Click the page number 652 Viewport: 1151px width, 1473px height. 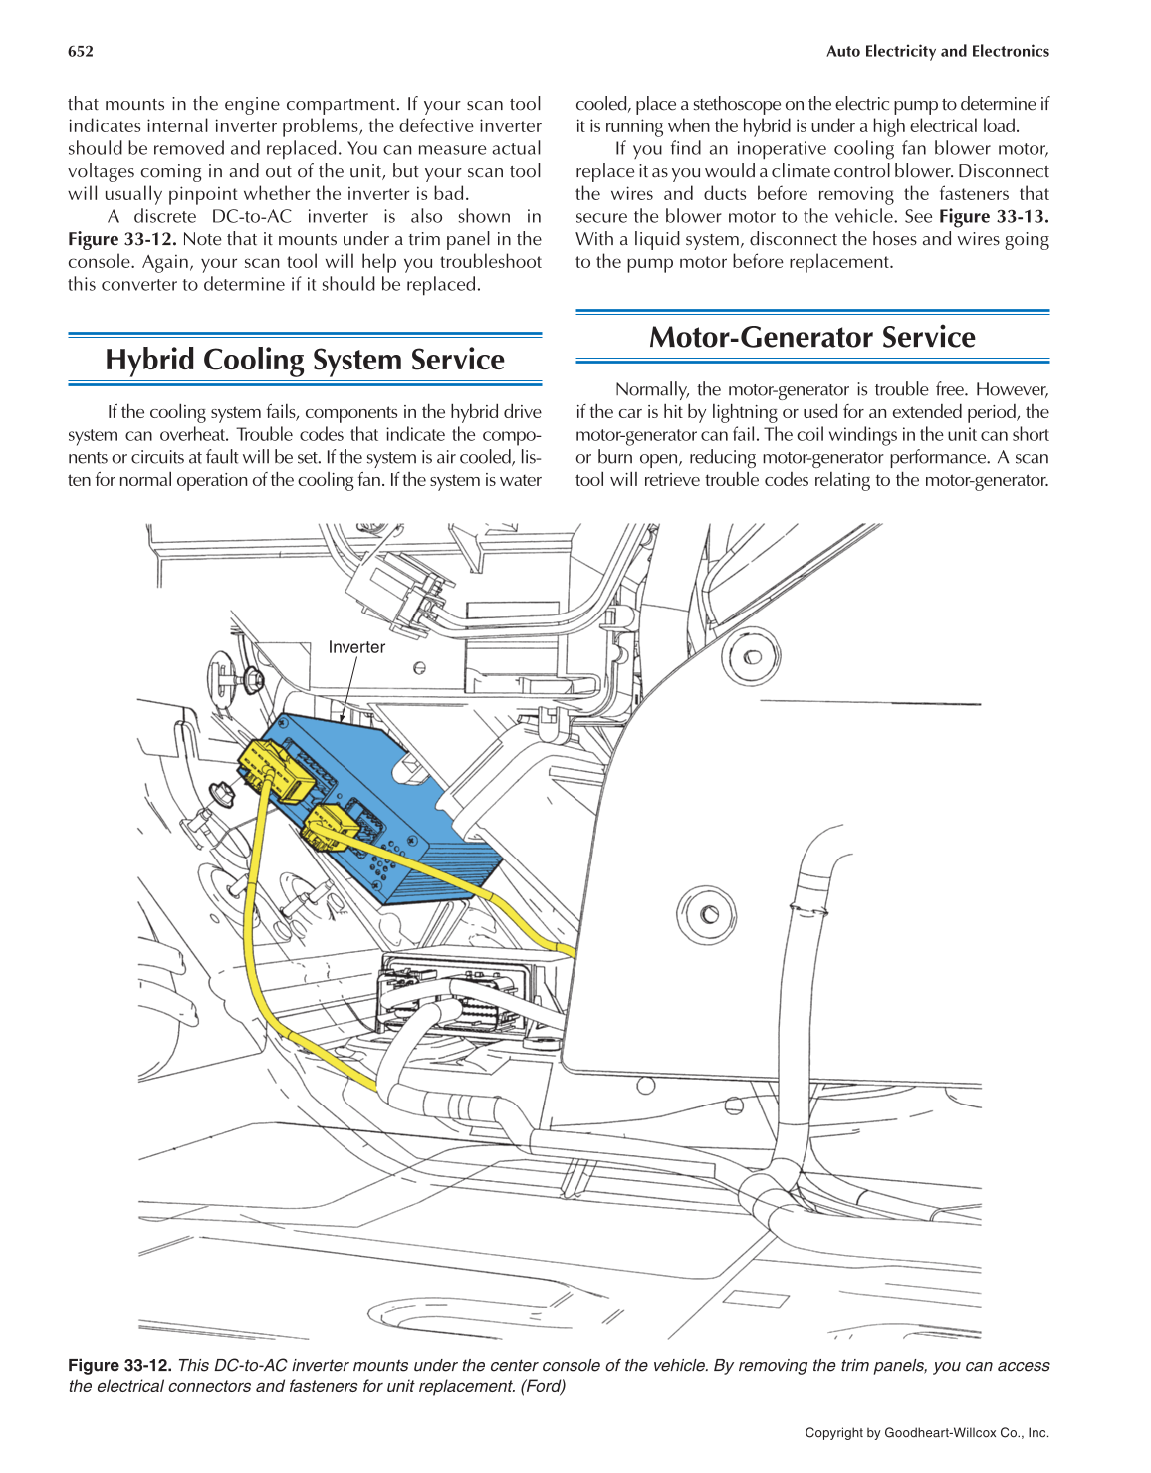[x=81, y=52]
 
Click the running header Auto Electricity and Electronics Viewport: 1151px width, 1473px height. [x=937, y=52]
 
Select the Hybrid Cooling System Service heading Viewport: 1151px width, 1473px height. [x=305, y=360]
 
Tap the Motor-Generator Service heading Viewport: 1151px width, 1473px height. [x=811, y=337]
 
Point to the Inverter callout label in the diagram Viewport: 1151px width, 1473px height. [x=356, y=647]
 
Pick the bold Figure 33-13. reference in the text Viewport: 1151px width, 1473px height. [x=994, y=217]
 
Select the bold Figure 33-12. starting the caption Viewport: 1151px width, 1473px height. [x=119, y=1366]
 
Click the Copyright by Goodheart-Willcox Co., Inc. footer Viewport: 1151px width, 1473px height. [x=927, y=1433]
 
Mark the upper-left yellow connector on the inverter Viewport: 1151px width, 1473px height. [x=276, y=771]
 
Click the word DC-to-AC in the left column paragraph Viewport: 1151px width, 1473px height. [x=251, y=217]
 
